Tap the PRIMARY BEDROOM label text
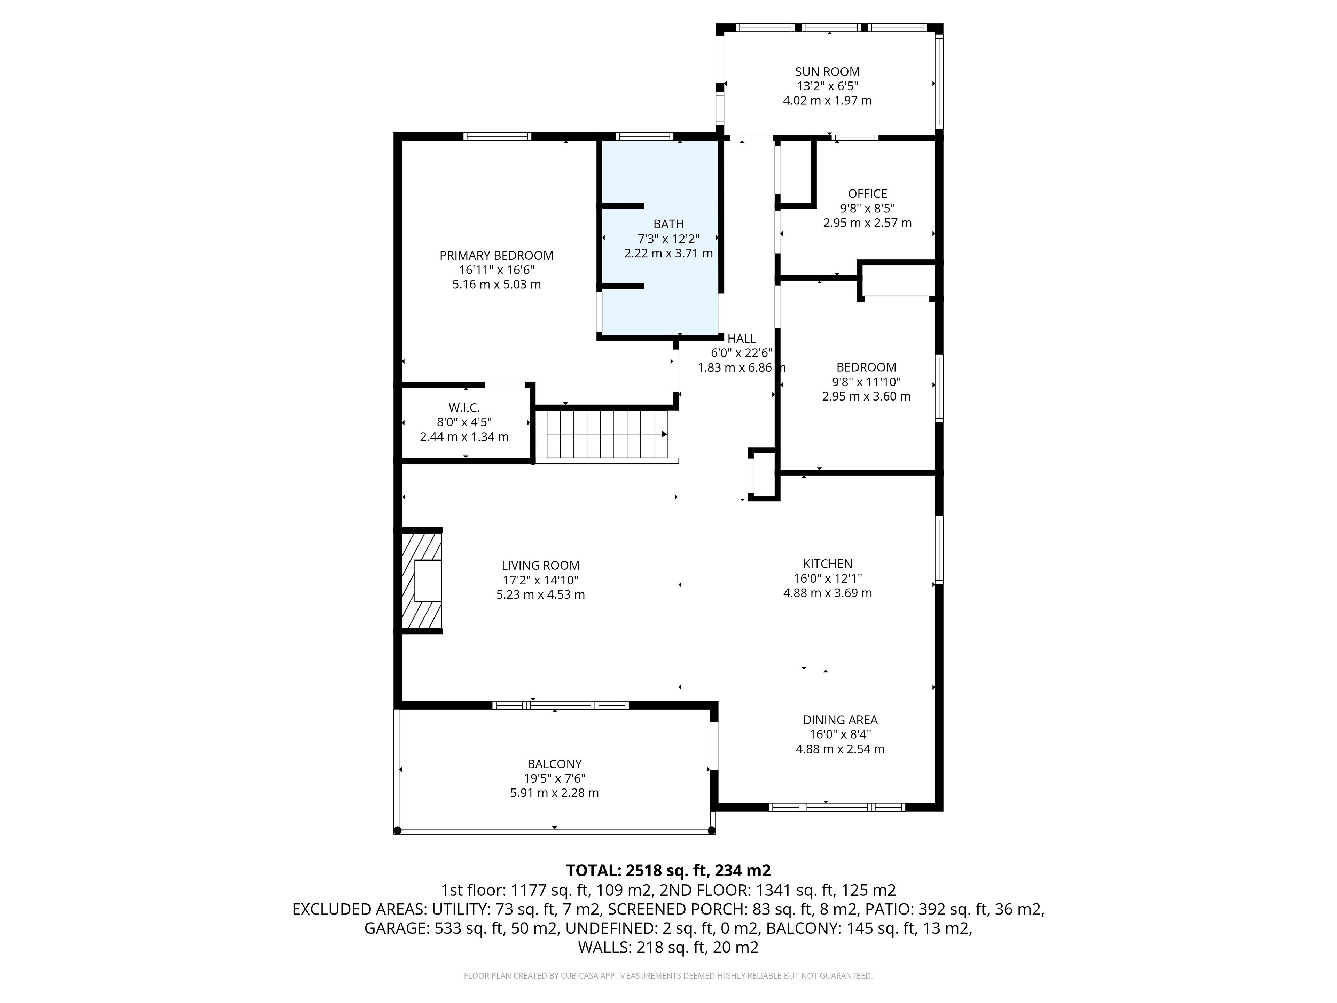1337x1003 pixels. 496,256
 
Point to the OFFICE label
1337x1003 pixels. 867,194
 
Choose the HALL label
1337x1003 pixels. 742,339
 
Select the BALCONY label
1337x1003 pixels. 554,764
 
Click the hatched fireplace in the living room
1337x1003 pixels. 421,581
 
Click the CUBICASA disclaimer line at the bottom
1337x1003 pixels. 668,976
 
